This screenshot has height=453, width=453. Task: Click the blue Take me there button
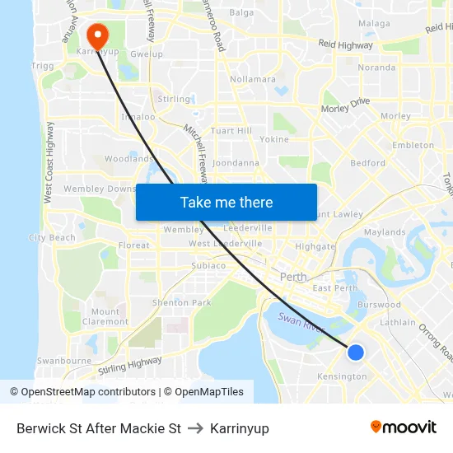[x=226, y=203]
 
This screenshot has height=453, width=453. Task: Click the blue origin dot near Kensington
[x=356, y=353]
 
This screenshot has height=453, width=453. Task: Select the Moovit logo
[x=404, y=427]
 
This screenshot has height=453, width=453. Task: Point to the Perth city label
[x=293, y=277]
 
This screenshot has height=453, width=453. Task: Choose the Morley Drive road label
[x=345, y=105]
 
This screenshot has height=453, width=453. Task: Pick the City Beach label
[x=52, y=238]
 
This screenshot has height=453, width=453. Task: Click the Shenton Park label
[x=182, y=303]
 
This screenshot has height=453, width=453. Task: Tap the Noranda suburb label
[x=376, y=68]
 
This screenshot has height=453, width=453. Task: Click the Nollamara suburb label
[x=253, y=79]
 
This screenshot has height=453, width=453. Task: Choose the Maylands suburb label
[x=385, y=233]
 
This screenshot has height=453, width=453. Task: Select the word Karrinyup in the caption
[x=240, y=428]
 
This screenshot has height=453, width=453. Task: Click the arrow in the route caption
[x=196, y=428]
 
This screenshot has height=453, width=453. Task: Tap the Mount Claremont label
[x=105, y=316]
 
